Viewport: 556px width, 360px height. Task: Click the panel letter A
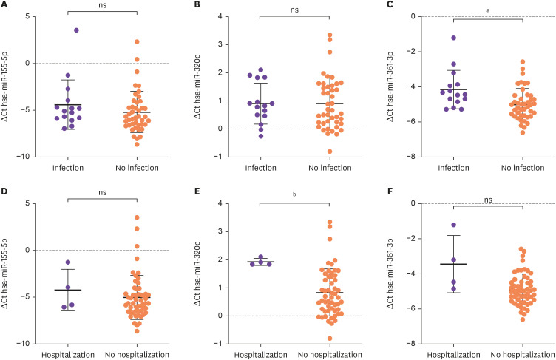[5, 5]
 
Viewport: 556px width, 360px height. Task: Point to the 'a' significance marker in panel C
[488, 9]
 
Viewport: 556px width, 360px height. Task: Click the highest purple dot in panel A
[76, 30]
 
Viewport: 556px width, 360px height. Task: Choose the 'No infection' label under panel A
[137, 167]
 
